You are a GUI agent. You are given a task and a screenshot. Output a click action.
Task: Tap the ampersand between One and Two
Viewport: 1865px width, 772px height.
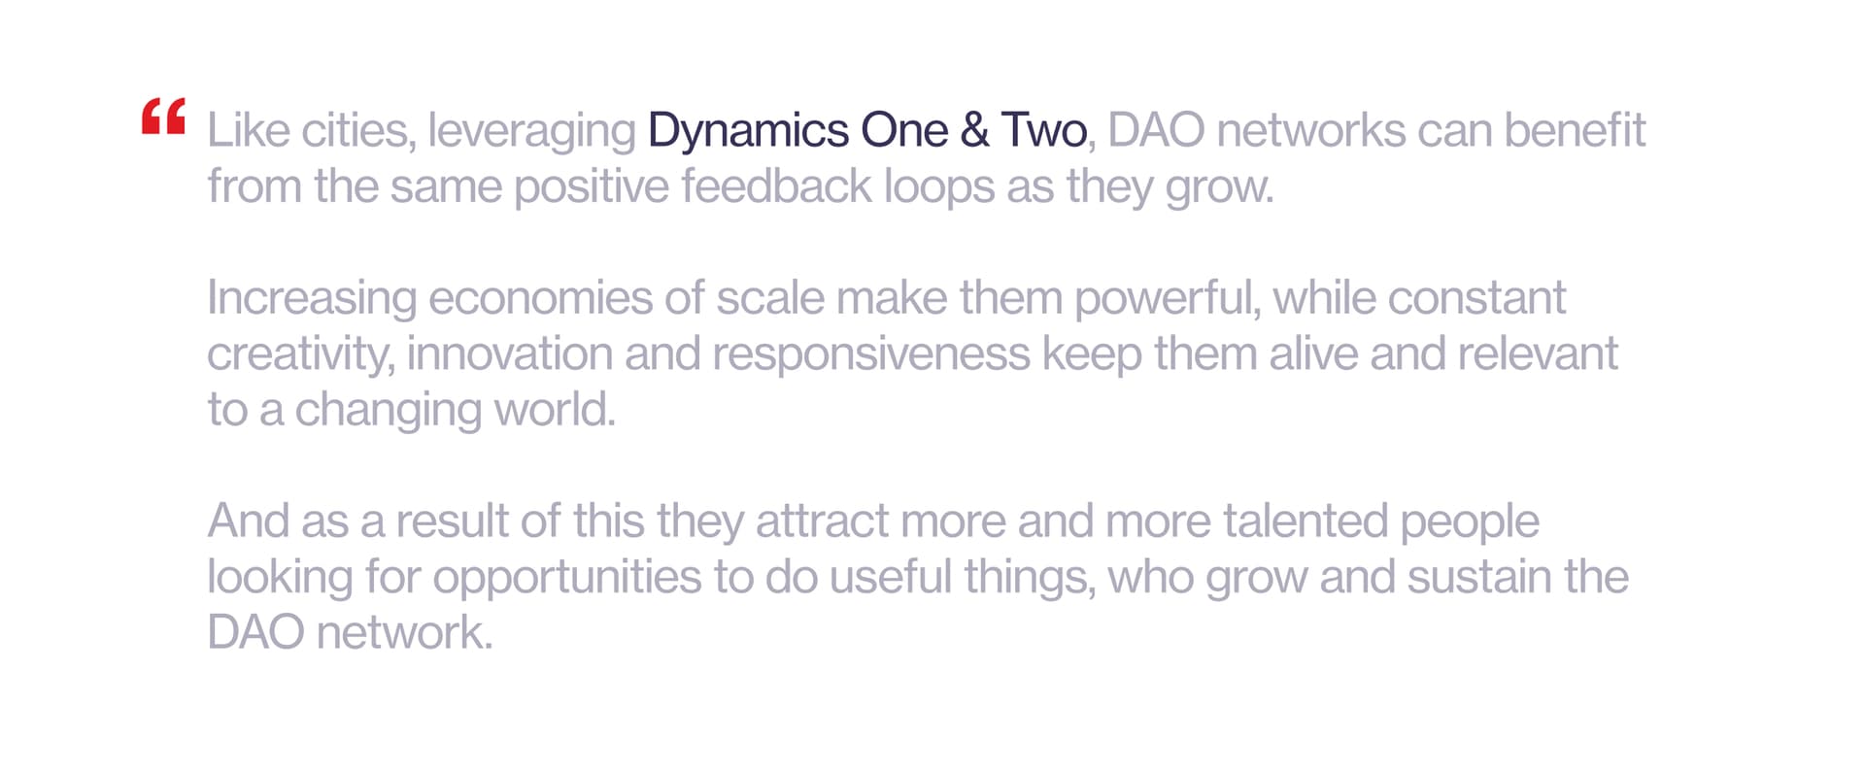974,130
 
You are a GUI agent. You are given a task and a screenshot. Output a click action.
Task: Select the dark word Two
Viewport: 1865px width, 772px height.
1043,130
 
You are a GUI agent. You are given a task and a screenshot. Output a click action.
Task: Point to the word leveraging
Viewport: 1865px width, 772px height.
531,132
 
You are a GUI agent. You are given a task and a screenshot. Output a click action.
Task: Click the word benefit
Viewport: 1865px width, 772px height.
1576,130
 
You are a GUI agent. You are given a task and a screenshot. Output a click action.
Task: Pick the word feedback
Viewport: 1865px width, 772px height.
776,185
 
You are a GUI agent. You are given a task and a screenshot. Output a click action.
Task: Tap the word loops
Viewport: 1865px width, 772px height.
939,188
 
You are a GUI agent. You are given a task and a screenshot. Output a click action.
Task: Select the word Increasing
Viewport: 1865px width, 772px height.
312,299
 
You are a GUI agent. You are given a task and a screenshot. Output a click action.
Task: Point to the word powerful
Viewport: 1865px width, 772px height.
1164,299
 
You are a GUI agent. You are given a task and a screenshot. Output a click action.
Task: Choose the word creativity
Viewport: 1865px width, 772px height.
300,355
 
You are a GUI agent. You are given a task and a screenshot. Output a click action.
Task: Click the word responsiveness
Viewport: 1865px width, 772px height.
871,355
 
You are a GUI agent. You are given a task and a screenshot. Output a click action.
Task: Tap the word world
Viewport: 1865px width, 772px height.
555,409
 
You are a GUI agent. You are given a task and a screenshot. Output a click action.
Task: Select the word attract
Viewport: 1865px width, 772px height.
822,520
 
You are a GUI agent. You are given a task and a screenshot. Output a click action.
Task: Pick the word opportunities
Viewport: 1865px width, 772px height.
567,579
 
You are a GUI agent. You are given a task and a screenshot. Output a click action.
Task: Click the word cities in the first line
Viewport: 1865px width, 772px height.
358,132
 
